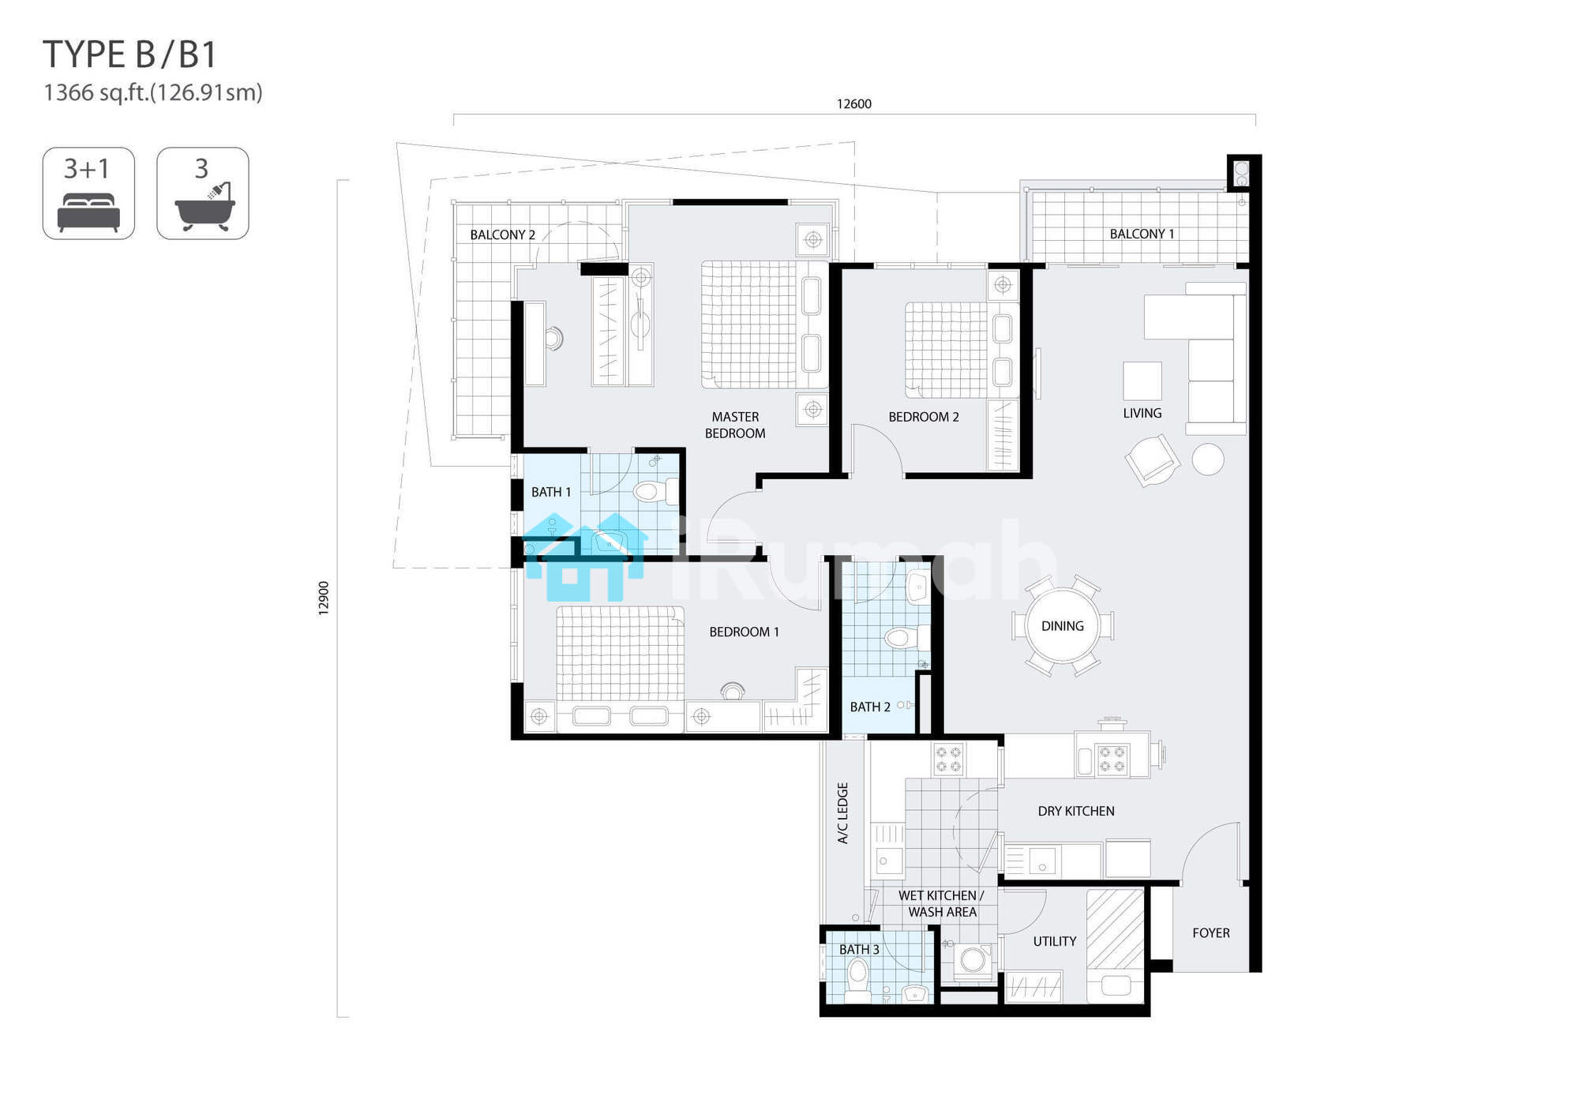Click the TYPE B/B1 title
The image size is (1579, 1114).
tap(129, 54)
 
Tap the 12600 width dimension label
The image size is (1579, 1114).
tap(854, 104)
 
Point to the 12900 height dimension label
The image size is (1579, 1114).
tap(324, 598)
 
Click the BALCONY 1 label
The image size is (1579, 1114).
tap(1142, 234)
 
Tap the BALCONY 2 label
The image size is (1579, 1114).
tap(503, 234)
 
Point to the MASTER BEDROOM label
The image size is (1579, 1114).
tap(735, 425)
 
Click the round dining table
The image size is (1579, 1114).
tap(1063, 626)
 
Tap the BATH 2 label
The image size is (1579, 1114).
tap(870, 707)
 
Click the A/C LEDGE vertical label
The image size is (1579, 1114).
tap(843, 813)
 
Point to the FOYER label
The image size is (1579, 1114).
tap(1211, 933)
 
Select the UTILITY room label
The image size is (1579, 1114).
tap(1055, 941)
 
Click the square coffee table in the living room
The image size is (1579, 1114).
tap(1142, 381)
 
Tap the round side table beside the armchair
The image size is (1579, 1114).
tap(1208, 459)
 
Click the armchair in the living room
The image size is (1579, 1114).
tap(1153, 460)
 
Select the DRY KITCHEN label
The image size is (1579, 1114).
tap(1076, 811)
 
